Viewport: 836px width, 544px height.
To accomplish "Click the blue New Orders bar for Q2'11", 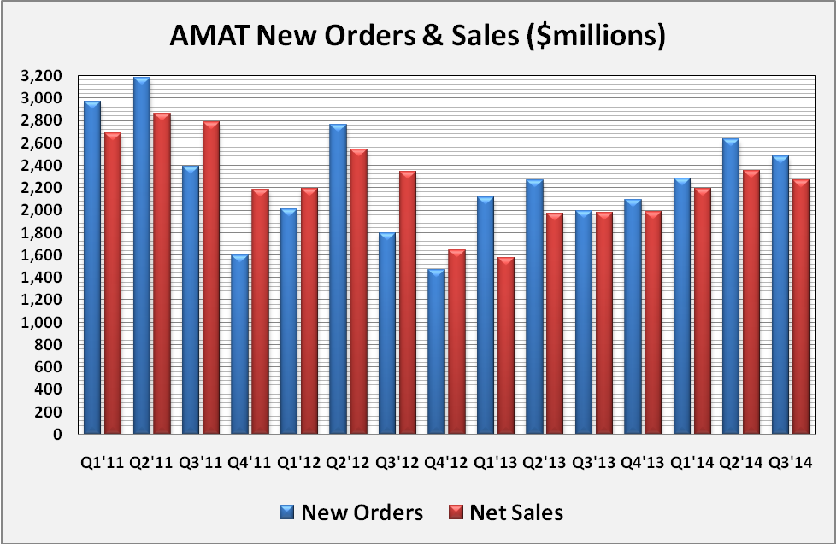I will click(142, 256).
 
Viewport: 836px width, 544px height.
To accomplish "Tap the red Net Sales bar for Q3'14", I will click(800, 307).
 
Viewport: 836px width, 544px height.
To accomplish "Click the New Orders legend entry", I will click(350, 512).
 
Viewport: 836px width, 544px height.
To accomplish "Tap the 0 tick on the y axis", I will click(56, 434).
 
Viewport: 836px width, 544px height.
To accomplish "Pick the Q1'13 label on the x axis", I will click(497, 462).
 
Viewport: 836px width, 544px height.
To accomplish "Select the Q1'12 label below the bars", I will click(300, 462).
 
